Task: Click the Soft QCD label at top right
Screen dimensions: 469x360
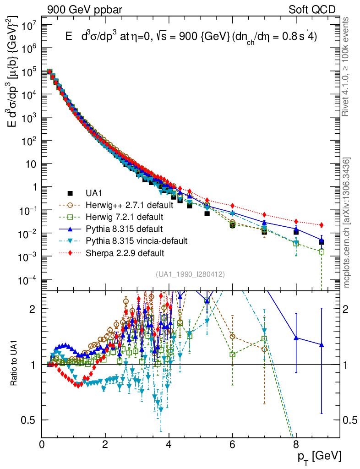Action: (x=312, y=10)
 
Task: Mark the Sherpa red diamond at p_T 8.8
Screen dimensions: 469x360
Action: (x=322, y=225)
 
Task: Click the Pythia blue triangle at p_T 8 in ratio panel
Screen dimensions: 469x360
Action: (x=296, y=338)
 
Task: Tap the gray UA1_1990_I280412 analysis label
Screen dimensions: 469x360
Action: (x=190, y=274)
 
